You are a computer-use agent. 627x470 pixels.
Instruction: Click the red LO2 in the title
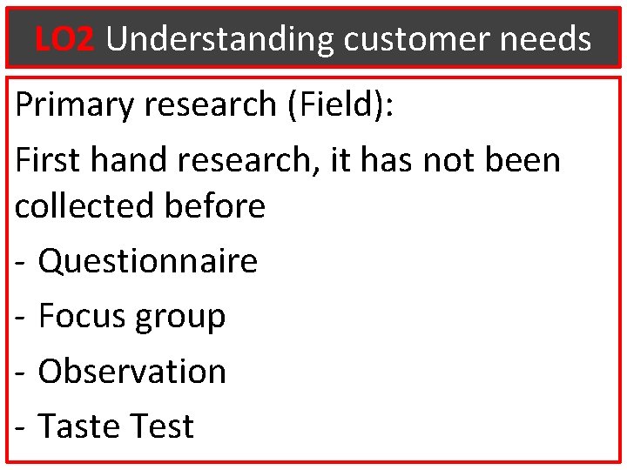[x=64, y=38]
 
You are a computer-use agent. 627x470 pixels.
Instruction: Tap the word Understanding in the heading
[x=219, y=38]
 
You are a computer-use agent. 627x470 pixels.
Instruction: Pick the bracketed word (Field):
[x=340, y=105]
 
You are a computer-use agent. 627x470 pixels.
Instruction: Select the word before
[x=213, y=206]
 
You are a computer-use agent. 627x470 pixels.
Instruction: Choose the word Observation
[x=132, y=371]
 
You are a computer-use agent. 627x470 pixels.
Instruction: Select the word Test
[x=160, y=426]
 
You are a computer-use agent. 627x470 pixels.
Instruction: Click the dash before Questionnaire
[x=21, y=262]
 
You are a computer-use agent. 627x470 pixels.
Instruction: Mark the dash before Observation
[x=21, y=373]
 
